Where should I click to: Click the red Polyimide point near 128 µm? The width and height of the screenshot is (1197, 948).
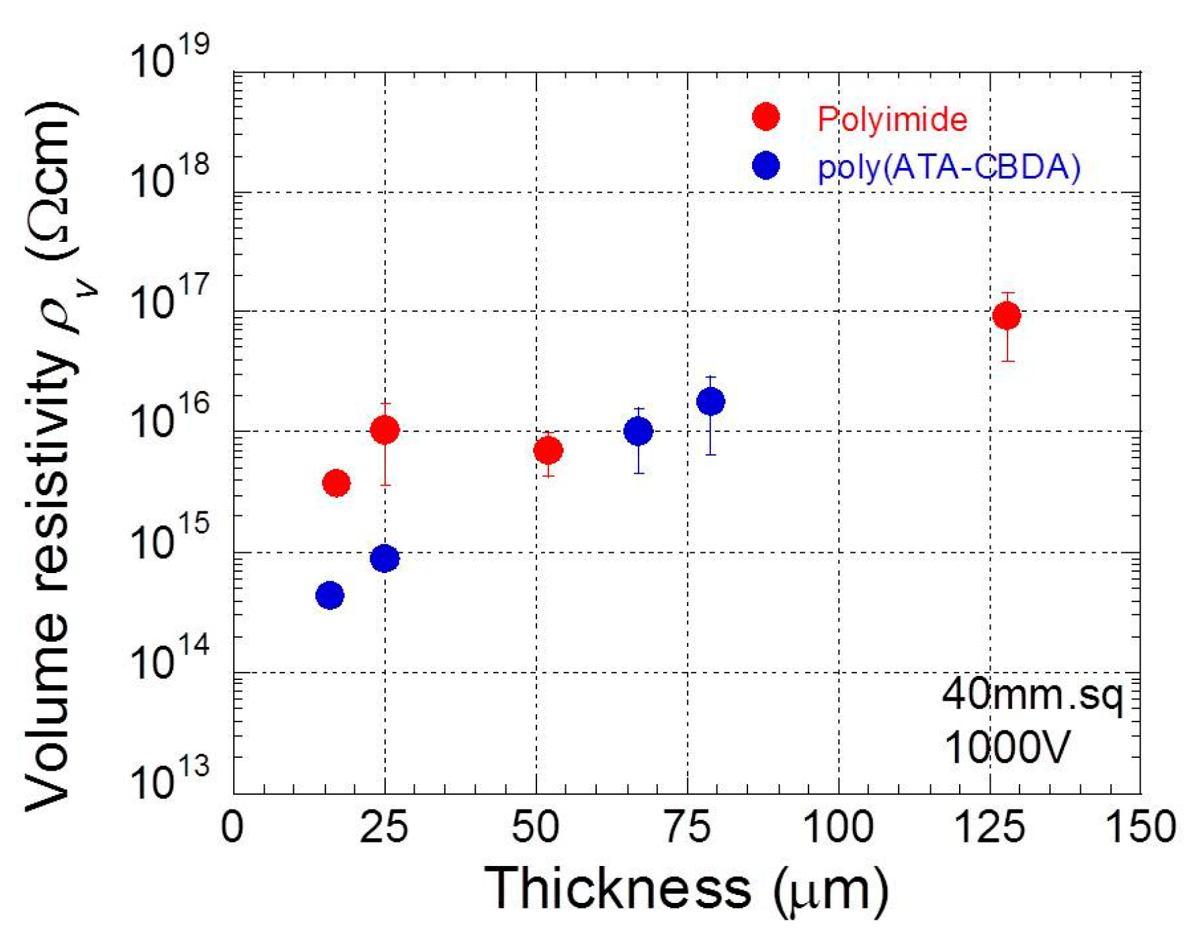1006,315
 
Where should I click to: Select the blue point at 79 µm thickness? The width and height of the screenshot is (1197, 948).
710,402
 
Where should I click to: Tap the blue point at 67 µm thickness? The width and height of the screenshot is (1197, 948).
638,431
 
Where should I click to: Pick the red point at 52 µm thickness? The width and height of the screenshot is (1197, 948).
548,450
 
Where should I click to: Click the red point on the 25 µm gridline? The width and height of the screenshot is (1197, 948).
384,430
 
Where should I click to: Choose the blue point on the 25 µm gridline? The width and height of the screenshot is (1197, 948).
384,558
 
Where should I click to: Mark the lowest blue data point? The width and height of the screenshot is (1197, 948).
329,595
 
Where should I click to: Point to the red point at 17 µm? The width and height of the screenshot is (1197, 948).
336,482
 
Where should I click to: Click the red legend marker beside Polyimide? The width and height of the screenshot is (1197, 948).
766,117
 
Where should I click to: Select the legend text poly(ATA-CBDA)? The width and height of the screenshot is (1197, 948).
948,167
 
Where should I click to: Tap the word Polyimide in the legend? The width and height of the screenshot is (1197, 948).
892,120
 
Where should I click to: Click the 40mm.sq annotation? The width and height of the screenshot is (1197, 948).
1032,695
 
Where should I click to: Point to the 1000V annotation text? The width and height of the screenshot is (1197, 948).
1006,746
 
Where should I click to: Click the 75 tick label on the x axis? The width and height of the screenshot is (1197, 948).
687,827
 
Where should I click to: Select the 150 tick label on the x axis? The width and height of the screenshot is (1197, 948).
1141,827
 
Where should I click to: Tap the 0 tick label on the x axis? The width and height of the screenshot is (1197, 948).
233,827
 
